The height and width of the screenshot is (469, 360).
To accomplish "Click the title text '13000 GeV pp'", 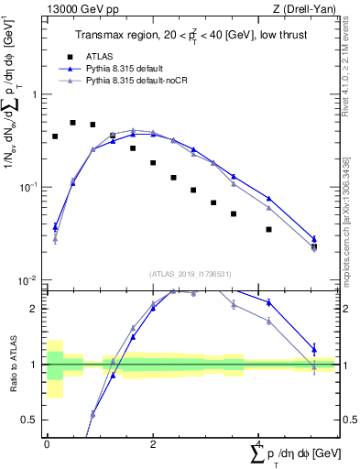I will click(77, 8).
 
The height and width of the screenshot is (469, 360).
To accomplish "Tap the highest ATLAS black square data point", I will click(73, 122).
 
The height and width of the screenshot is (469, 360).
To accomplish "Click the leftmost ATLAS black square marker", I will click(55, 136).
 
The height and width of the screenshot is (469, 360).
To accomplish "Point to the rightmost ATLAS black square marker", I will click(314, 246).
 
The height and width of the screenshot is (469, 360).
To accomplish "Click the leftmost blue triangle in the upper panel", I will click(55, 225).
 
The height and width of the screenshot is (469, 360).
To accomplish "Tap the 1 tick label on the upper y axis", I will click(34, 94).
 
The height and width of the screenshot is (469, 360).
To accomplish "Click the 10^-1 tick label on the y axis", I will click(29, 187).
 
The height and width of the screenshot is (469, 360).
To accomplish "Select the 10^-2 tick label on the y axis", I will click(29, 279).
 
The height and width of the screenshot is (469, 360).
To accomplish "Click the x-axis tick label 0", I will click(47, 443).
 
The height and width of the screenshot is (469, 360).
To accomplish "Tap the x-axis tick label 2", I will click(152, 443).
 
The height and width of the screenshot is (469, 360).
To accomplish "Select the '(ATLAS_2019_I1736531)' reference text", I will click(189, 273).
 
